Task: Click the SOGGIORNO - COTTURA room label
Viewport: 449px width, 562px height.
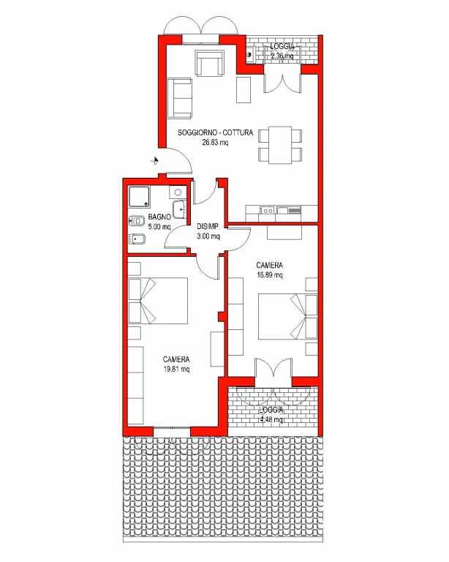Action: pos(215,132)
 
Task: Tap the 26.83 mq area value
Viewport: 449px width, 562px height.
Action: pos(215,142)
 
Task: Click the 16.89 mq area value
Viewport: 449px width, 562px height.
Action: pos(270,275)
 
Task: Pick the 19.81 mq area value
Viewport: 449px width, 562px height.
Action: pos(176,369)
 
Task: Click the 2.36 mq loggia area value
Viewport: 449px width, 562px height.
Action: pos(282,56)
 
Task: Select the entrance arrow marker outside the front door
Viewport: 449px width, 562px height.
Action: pos(155,161)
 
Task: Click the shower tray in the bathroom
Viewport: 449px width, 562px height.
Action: pos(139,197)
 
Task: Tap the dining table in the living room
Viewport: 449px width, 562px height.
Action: pos(280,145)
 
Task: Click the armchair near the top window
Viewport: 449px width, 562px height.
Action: pos(209,63)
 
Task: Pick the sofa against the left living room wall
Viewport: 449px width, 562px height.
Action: pos(179,98)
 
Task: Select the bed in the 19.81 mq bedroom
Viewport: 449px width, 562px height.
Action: pos(158,300)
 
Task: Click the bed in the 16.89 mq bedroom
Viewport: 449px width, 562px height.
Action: pos(288,317)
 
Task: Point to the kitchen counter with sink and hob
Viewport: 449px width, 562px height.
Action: pos(282,214)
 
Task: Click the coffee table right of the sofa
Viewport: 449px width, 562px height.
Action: pos(244,90)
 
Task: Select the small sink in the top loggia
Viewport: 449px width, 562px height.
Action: pos(250,55)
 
